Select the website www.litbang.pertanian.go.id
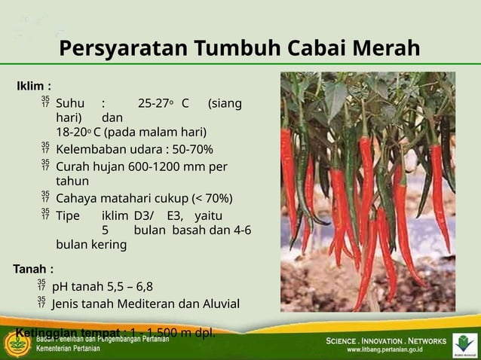coord(384,349)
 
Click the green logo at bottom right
coord(464,343)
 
